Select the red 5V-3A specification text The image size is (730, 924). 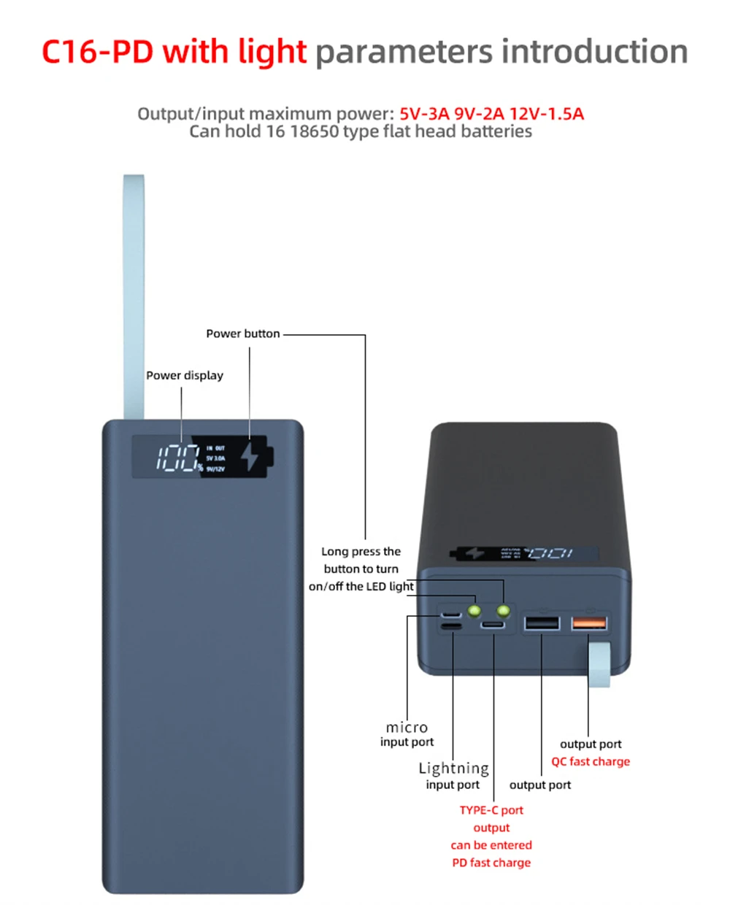click(x=424, y=114)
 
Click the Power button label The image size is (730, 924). click(x=242, y=334)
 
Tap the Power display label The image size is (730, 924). click(x=184, y=375)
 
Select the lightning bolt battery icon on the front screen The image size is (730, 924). click(x=252, y=456)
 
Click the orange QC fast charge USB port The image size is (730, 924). click(x=589, y=623)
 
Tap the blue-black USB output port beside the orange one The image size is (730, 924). click(x=542, y=623)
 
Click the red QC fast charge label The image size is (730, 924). click(x=590, y=761)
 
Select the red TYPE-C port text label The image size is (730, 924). click(x=491, y=810)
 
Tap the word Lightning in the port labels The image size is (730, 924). click(x=453, y=768)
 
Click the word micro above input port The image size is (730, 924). click(x=407, y=727)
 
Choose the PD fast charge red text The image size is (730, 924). click(x=491, y=863)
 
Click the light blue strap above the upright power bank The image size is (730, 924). click(x=134, y=292)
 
